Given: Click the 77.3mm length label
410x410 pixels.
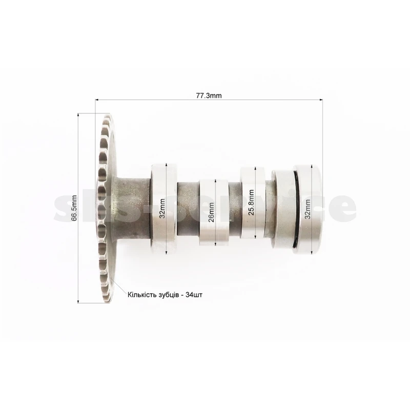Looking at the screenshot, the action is [x=209, y=96].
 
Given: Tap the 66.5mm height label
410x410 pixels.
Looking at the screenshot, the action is [x=74, y=208].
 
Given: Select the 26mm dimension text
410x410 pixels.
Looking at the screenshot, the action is [x=211, y=212].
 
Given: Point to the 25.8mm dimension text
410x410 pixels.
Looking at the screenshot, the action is [x=251, y=202].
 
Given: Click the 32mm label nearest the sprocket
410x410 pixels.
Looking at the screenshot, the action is [x=162, y=209].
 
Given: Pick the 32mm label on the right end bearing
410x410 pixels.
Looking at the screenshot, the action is [x=307, y=209].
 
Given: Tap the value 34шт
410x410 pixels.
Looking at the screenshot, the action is [x=194, y=295].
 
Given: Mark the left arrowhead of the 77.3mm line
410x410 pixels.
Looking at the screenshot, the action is [x=97, y=99].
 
